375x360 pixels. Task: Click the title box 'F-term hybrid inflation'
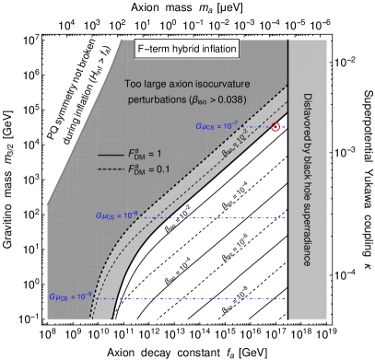pyautogui.click(x=187, y=49)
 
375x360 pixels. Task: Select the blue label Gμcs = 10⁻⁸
pyautogui.click(x=116, y=215)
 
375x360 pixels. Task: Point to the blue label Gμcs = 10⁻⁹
pyautogui.click(x=72, y=296)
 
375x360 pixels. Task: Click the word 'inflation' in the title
pyautogui.click(x=217, y=49)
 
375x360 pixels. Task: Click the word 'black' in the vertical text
pyautogui.click(x=308, y=164)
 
